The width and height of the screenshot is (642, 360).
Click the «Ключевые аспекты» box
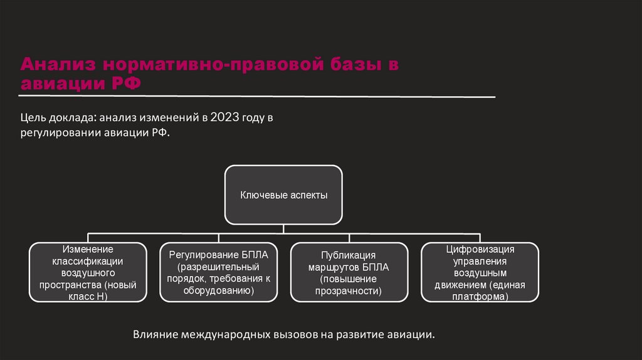[284, 195]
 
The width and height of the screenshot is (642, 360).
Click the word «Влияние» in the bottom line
[155, 334]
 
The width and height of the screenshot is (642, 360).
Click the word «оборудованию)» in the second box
[219, 290]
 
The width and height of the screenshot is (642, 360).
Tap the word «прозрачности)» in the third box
[349, 290]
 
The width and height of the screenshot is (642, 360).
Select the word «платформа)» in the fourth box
[480, 297]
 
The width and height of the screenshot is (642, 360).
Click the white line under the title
[257, 97]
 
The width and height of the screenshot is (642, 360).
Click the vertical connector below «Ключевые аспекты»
[284, 229]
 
